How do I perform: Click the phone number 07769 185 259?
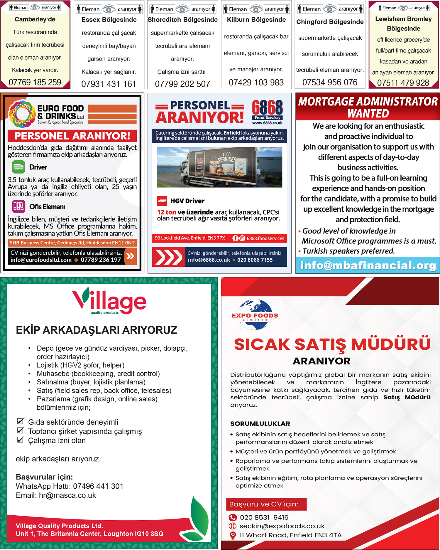pyautogui.click(x=35, y=82)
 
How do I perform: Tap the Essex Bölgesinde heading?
pyautogui.click(x=109, y=20)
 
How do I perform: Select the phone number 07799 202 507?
pyautogui.click(x=182, y=84)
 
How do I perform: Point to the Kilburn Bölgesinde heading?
pyautogui.click(x=256, y=20)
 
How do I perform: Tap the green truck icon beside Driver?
pyautogui.click(x=18, y=167)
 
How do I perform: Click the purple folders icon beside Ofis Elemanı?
pyautogui.click(x=18, y=206)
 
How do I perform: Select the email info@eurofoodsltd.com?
pyautogui.click(x=41, y=260)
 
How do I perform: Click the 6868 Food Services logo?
pyautogui.click(x=267, y=111)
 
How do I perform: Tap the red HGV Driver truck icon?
pyautogui.click(x=162, y=201)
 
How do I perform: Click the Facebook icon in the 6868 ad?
pyautogui.click(x=235, y=238)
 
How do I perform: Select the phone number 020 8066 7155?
pyautogui.click(x=255, y=260)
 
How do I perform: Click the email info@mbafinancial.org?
pyautogui.click(x=368, y=265)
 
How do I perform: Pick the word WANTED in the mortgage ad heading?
pyautogui.click(x=368, y=113)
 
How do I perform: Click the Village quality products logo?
pyautogui.click(x=109, y=301)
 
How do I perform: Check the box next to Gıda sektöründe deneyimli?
pyautogui.click(x=20, y=421)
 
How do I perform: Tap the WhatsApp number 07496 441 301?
pyautogui.click(x=98, y=486)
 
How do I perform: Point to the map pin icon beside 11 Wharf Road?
pyautogui.click(x=233, y=535)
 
